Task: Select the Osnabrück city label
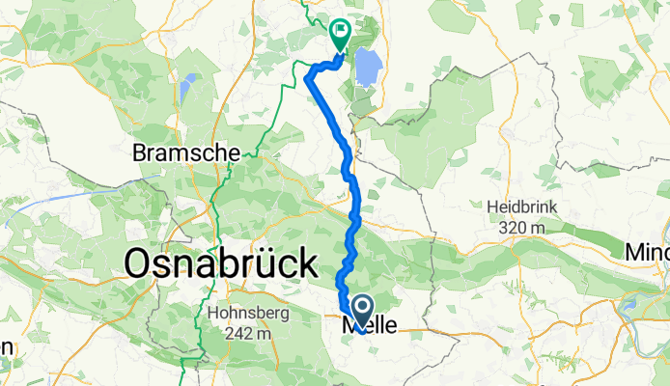[221, 262]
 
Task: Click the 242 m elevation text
[247, 333]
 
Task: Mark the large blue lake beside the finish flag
[367, 69]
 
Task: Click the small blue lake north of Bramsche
[189, 82]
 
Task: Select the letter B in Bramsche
[139, 152]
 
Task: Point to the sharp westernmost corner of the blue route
[308, 75]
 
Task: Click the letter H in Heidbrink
[489, 207]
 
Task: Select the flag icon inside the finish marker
[341, 31]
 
